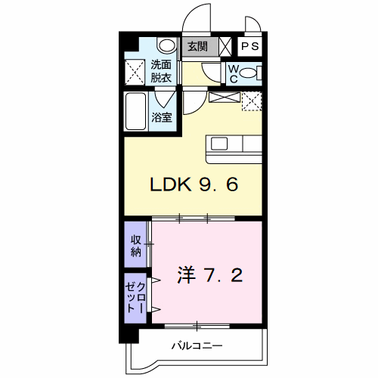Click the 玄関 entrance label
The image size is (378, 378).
(x=197, y=46)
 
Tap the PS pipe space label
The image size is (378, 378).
(x=250, y=46)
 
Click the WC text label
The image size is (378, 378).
(x=234, y=73)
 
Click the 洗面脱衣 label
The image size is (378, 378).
(x=161, y=71)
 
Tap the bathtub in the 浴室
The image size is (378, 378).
(x=136, y=111)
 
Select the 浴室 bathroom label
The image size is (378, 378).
(x=162, y=117)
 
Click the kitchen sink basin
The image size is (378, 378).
(x=219, y=144)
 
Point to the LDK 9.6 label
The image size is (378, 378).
(x=194, y=184)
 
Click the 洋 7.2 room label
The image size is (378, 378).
(x=210, y=274)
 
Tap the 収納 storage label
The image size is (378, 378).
(x=136, y=246)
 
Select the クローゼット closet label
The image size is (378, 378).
(x=135, y=297)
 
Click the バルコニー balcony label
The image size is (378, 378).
(x=197, y=345)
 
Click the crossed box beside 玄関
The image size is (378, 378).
(x=225, y=47)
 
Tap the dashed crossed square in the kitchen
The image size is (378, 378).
(x=252, y=101)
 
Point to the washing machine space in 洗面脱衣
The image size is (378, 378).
(x=135, y=72)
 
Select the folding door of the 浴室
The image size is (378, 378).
(x=166, y=98)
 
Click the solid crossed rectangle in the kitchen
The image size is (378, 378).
(x=225, y=98)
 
